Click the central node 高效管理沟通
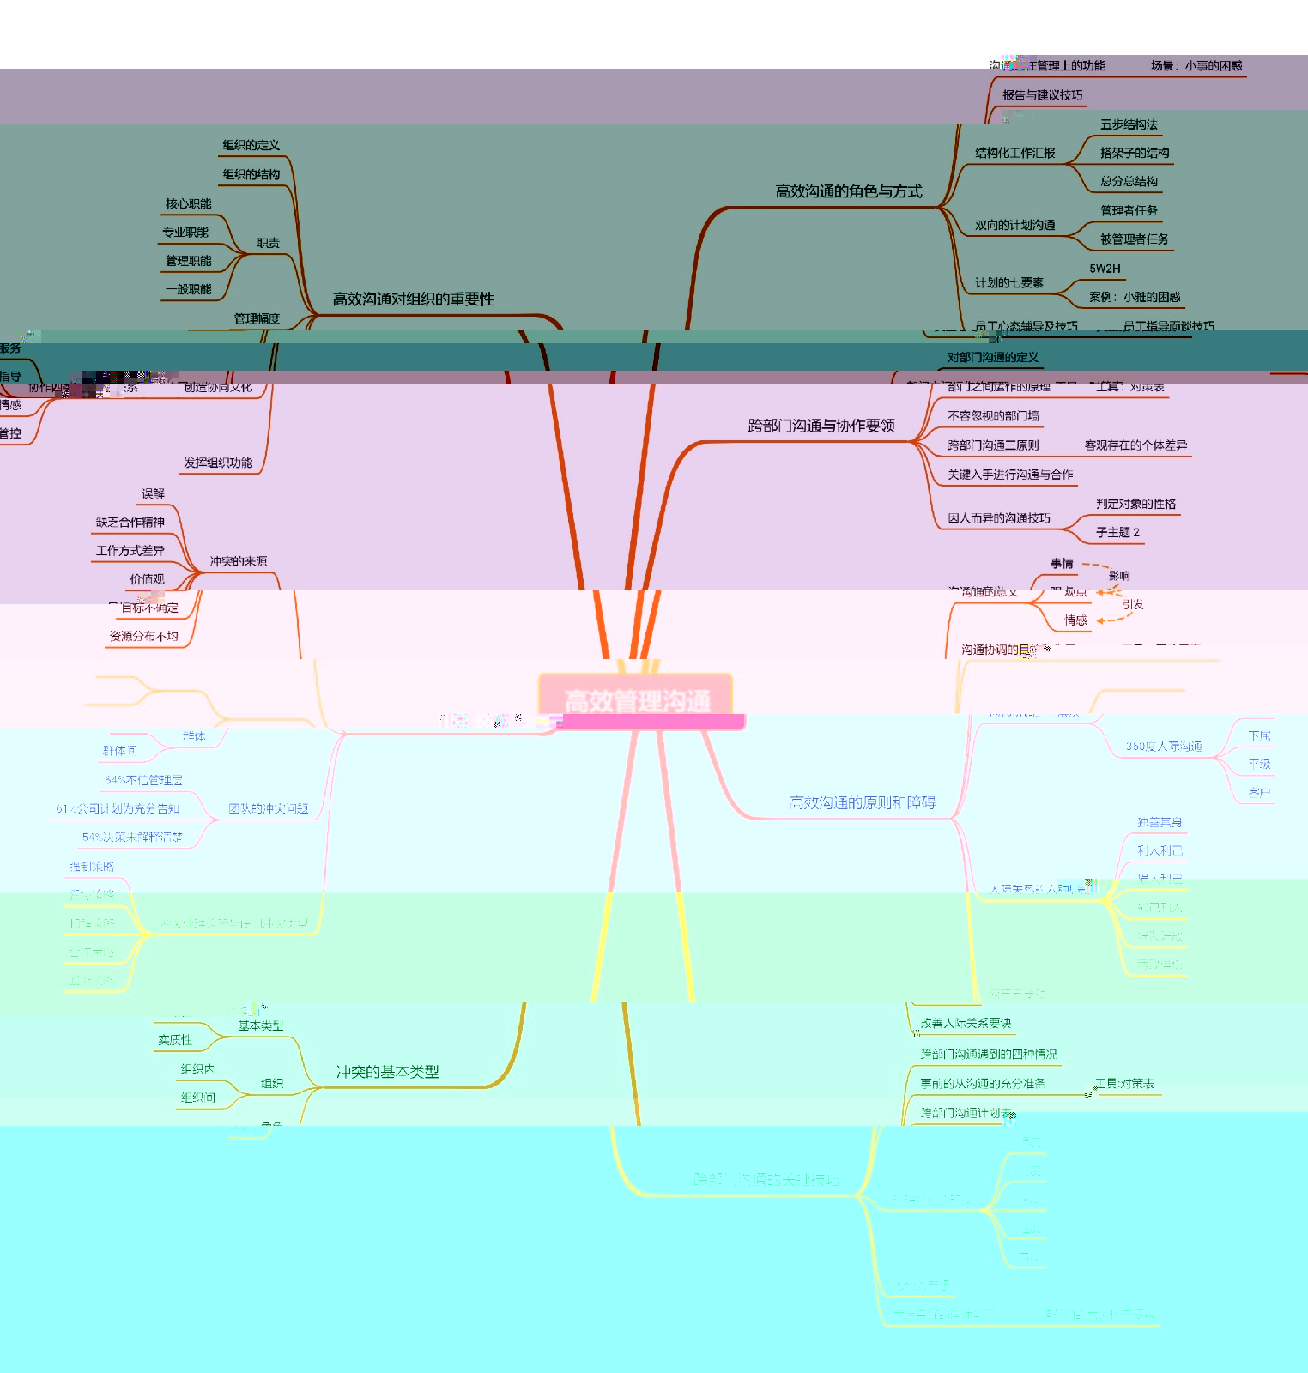[x=637, y=700]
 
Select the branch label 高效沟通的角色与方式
[x=848, y=191]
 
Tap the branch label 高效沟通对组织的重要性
[x=413, y=299]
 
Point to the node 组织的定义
[x=251, y=145]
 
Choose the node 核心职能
[x=188, y=203]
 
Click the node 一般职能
[x=188, y=289]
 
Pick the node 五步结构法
[x=1129, y=124]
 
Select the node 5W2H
[x=1105, y=269]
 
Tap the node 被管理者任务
[x=1134, y=239]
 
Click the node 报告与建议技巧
[x=1042, y=95]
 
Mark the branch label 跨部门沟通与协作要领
[x=821, y=426]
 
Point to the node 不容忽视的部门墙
[x=993, y=416]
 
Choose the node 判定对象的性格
[x=1135, y=504]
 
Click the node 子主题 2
[x=1117, y=533]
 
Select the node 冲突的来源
[x=238, y=561]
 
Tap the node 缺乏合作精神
[x=130, y=522]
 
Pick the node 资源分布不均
[x=143, y=636]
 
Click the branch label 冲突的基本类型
[x=387, y=1072]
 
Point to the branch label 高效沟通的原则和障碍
[x=862, y=802]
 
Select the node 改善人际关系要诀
[x=966, y=1023]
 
